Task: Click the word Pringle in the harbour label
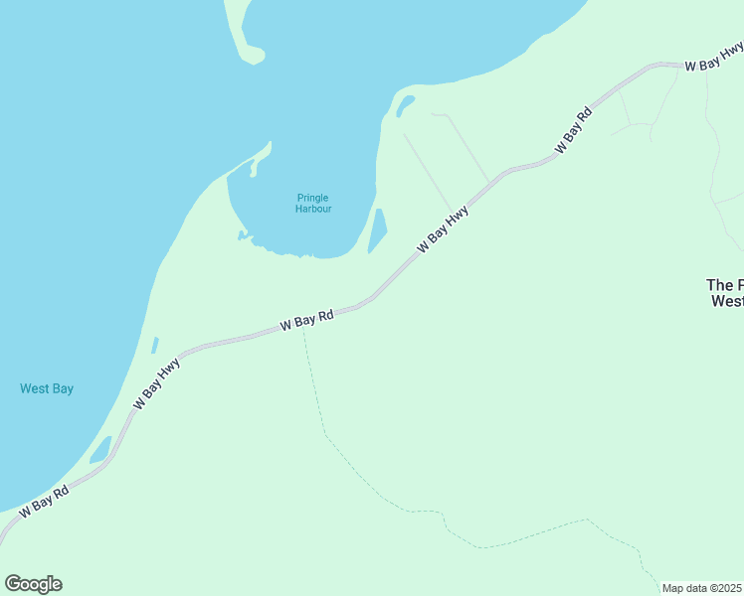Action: click(312, 198)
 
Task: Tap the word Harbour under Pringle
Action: click(312, 210)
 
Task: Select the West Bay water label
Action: click(47, 389)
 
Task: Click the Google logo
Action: click(33, 584)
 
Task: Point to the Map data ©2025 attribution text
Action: click(701, 588)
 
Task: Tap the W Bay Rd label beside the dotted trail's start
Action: click(306, 320)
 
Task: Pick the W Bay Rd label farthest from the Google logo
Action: click(574, 130)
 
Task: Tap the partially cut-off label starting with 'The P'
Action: click(724, 292)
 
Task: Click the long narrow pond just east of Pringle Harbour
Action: click(377, 230)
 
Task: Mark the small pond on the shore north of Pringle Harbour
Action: click(405, 104)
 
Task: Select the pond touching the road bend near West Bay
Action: click(100, 451)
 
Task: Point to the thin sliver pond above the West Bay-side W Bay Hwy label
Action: click(154, 345)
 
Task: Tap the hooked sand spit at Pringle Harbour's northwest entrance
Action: click(261, 157)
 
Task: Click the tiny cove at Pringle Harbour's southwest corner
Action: click(242, 235)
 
